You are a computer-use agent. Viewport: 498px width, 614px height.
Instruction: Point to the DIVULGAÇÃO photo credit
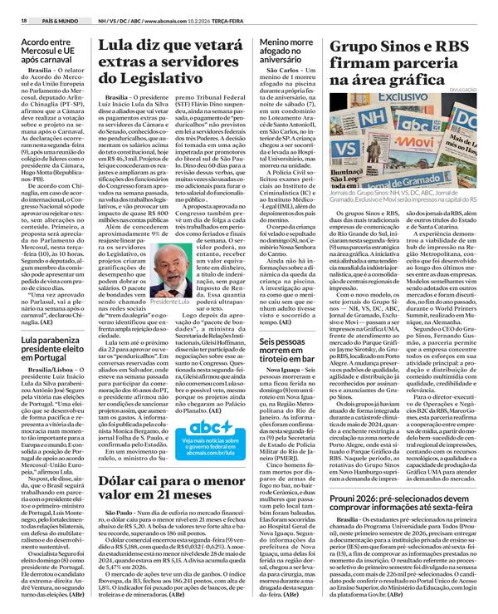point(469,90)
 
